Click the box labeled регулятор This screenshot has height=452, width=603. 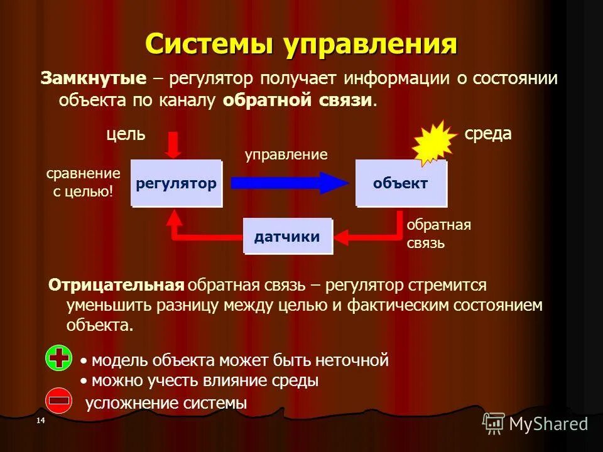pyautogui.click(x=176, y=183)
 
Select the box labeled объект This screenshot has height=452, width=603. pyautogui.click(x=401, y=183)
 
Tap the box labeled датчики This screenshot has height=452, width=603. pyautogui.click(x=287, y=236)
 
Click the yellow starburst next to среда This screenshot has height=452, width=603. pyautogui.click(x=434, y=143)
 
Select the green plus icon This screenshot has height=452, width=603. pyautogui.click(x=59, y=358)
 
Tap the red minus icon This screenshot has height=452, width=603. pyautogui.click(x=59, y=401)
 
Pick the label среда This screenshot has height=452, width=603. pyautogui.click(x=488, y=134)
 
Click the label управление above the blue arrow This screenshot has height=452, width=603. pyautogui.click(x=286, y=154)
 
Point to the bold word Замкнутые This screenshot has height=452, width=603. pyautogui.click(x=94, y=78)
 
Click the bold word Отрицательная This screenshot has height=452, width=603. pyautogui.click(x=116, y=285)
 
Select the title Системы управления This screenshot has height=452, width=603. pyautogui.click(x=301, y=45)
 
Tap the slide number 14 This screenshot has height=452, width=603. pyautogui.click(x=41, y=420)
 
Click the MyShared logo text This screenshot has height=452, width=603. pyautogui.click(x=548, y=424)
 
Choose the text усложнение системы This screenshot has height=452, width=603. pyautogui.click(x=166, y=403)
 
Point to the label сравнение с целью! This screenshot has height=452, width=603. pyautogui.click(x=84, y=182)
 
